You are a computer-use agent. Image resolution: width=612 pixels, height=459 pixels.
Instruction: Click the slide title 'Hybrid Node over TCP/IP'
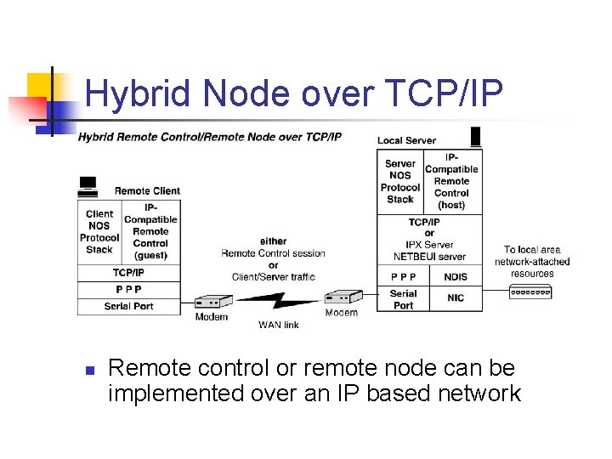tap(294, 93)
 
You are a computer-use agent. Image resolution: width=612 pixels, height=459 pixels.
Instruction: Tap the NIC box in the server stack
tap(456, 298)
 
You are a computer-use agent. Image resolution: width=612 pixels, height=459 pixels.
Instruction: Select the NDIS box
tap(456, 276)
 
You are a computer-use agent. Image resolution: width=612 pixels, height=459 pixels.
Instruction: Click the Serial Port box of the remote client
tap(129, 306)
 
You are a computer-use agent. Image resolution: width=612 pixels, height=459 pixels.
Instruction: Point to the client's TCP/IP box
tap(129, 273)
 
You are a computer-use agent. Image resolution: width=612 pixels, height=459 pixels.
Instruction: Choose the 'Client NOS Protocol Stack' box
tap(99, 232)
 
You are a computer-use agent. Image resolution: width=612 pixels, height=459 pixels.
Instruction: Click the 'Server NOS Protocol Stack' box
tap(399, 181)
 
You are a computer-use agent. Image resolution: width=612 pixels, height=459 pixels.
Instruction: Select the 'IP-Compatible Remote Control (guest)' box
tap(150, 232)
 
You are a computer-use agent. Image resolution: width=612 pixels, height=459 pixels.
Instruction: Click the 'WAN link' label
tap(279, 325)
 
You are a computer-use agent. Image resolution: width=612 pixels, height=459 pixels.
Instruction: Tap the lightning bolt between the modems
tap(277, 302)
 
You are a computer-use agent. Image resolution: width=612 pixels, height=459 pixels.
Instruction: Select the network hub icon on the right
tap(530, 292)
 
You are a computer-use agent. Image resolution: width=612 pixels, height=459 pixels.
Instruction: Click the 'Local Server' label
tap(406, 140)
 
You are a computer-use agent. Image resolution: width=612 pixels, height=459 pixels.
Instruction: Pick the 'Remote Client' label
tap(147, 190)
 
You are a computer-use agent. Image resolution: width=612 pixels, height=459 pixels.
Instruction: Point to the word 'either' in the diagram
tap(273, 241)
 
